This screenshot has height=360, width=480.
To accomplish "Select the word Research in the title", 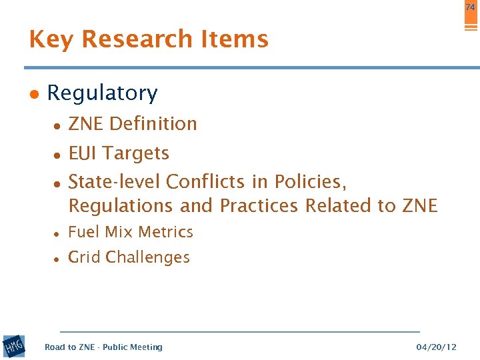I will click(127, 40).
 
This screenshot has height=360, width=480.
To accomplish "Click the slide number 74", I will click(471, 7).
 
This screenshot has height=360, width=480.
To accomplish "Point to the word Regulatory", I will click(102, 93).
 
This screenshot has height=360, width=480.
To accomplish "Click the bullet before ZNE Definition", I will click(59, 125).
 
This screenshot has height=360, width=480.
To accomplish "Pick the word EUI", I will click(82, 153).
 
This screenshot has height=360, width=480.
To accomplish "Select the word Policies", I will click(311, 181).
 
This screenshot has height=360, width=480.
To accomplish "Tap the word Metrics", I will click(168, 232).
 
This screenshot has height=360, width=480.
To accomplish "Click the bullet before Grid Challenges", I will click(59, 259).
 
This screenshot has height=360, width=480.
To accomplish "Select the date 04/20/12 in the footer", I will click(436, 347).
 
